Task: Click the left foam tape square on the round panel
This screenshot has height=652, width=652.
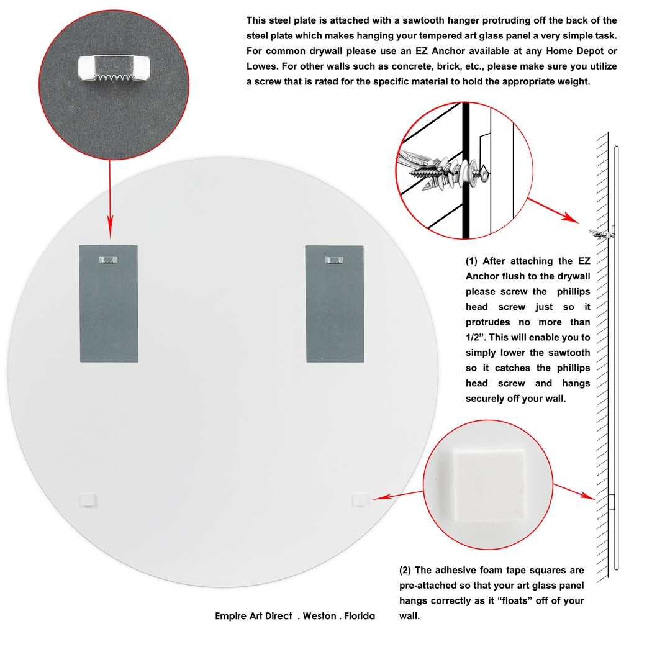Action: [x=89, y=498]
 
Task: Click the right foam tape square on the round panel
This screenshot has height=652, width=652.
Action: [x=360, y=498]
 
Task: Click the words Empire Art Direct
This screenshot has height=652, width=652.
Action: [x=253, y=616]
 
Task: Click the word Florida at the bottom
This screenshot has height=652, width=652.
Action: [x=356, y=616]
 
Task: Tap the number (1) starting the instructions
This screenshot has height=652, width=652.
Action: [x=472, y=261]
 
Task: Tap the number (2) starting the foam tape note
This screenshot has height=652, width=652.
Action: [x=405, y=570]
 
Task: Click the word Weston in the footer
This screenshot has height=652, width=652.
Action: [x=319, y=616]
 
